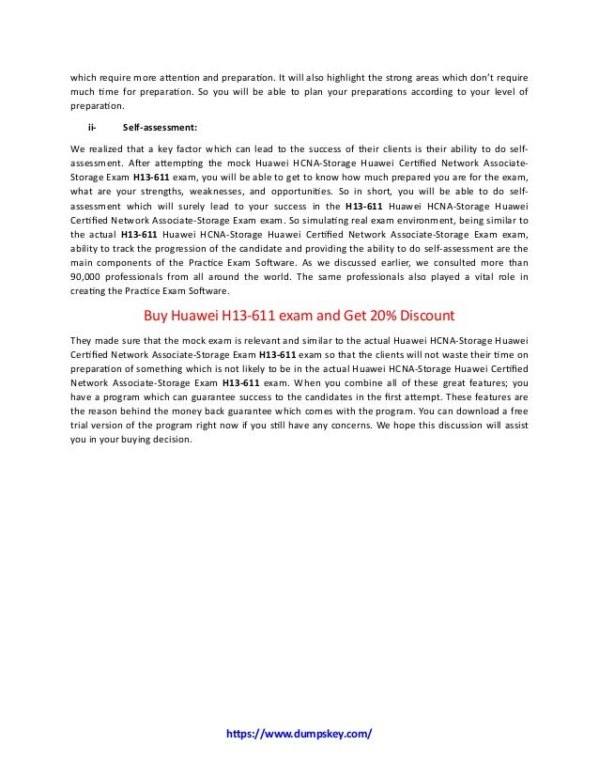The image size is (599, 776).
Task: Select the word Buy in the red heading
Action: point(155,315)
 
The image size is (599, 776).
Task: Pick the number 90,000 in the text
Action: point(85,276)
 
